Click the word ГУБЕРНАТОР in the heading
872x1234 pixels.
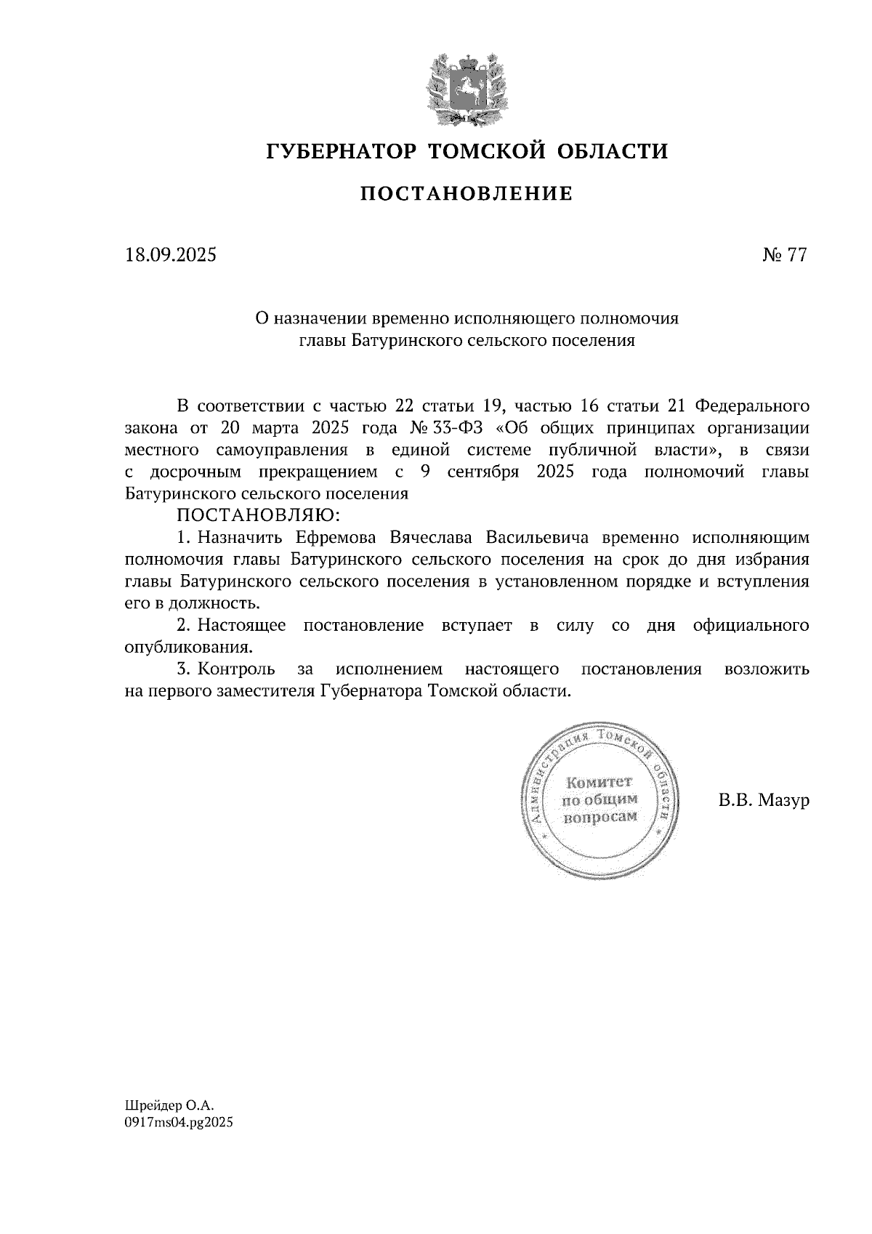(x=342, y=151)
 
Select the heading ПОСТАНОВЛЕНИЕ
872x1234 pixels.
(x=467, y=194)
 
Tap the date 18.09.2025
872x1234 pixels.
(x=171, y=256)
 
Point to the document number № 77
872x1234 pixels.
(x=784, y=256)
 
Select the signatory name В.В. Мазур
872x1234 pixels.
(x=763, y=801)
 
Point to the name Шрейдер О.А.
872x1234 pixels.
(x=170, y=1105)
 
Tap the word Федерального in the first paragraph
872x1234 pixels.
(x=753, y=406)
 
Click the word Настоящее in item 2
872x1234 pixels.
(x=241, y=626)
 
